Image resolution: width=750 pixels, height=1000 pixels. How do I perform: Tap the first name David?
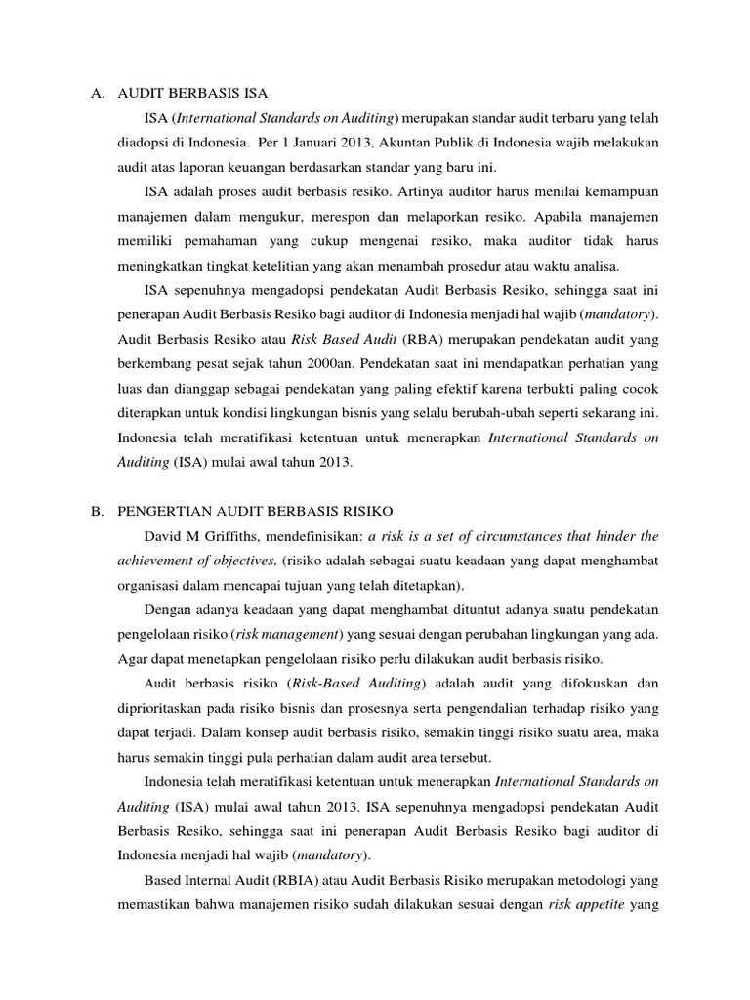click(x=163, y=536)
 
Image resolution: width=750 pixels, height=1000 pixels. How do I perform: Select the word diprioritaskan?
click(x=161, y=707)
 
